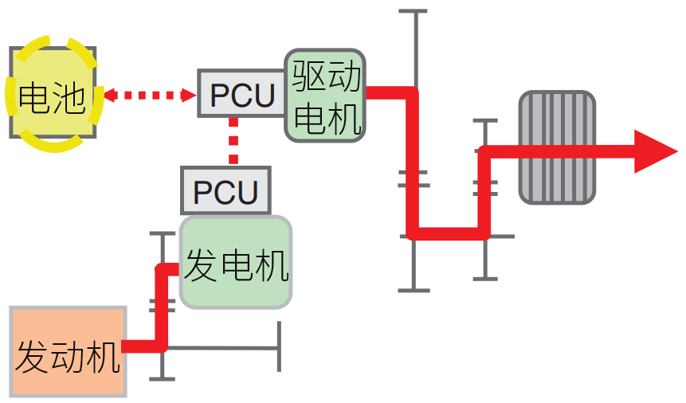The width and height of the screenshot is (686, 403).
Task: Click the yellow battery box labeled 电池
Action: pyautogui.click(x=53, y=92)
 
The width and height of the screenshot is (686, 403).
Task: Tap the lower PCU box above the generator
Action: pyautogui.click(x=226, y=192)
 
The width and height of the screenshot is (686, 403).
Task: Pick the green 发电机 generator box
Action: pyautogui.click(x=236, y=262)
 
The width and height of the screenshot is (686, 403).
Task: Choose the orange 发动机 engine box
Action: pyautogui.click(x=69, y=351)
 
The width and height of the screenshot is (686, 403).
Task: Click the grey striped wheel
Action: pyautogui.click(x=557, y=147)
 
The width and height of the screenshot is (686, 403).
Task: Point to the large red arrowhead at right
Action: pyautogui.click(x=655, y=151)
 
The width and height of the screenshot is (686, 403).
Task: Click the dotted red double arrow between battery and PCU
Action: pyautogui.click(x=150, y=96)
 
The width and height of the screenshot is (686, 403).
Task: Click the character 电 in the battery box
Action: pyautogui.click(x=33, y=97)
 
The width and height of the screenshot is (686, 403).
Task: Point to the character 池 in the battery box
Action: pyautogui.click(x=69, y=97)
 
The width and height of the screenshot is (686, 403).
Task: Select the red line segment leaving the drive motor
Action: pyautogui.click(x=390, y=92)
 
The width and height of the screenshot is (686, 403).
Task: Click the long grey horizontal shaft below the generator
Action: pyautogui.click(x=223, y=347)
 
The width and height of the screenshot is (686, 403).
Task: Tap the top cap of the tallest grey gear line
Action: pyautogui.click(x=413, y=11)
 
